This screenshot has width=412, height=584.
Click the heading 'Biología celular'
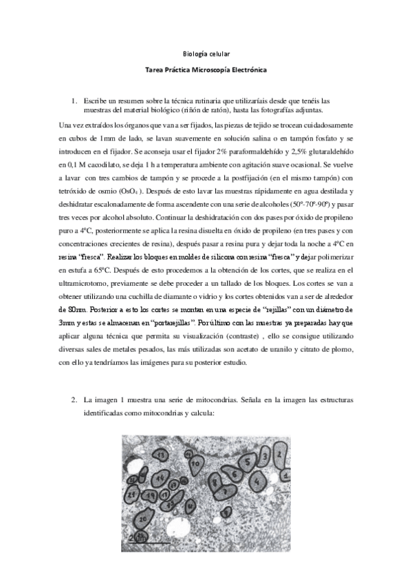pos(206,53)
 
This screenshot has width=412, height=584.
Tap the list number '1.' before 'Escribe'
pos(76,101)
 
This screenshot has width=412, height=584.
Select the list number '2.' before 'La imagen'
pos(76,400)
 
